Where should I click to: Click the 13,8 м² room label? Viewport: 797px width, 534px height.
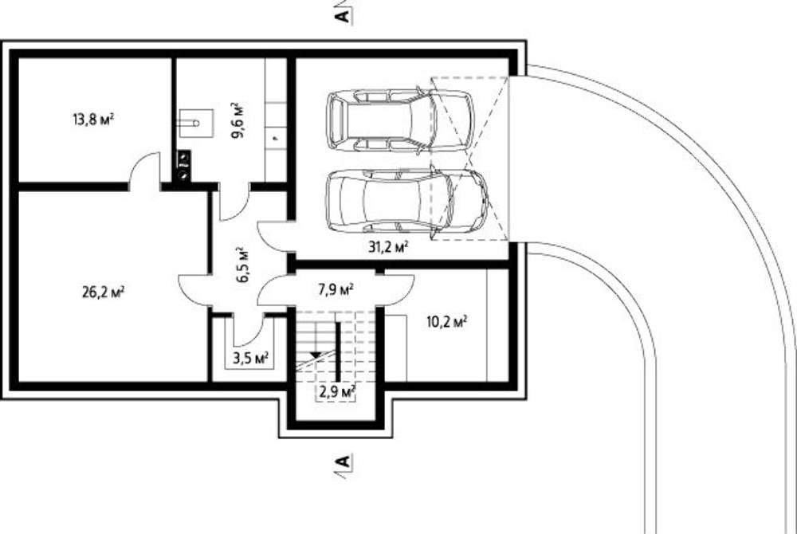[93, 120]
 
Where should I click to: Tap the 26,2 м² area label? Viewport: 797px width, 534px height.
[103, 293]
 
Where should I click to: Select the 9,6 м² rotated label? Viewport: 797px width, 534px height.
[238, 120]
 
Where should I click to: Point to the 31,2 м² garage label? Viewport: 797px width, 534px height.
[388, 247]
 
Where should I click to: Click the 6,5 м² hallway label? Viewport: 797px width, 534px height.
[243, 264]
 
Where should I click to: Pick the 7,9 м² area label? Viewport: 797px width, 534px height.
[336, 290]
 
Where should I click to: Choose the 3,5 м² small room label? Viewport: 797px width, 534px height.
[250, 359]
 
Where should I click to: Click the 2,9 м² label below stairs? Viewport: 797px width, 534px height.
[337, 392]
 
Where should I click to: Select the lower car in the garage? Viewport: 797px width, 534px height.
[406, 202]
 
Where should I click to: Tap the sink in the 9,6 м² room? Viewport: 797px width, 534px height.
[196, 123]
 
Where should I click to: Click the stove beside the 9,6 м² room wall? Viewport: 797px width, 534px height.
[183, 166]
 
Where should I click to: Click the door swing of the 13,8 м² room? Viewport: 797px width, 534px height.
[143, 171]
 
